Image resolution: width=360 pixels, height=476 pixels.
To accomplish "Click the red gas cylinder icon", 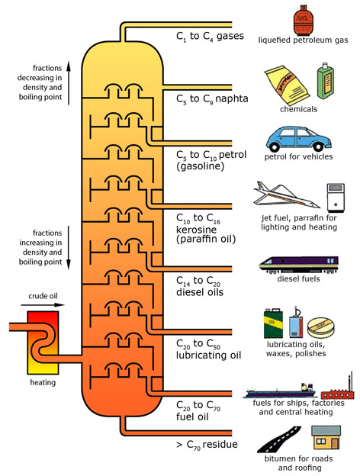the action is pos(302,20).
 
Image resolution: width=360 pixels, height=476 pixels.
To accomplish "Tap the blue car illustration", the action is pos(299,140).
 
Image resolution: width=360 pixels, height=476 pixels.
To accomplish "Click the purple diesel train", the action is pos(298,265).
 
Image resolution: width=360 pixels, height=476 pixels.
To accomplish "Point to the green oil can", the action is pos(274,323).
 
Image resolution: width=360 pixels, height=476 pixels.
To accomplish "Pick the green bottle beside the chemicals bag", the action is pos(326,81).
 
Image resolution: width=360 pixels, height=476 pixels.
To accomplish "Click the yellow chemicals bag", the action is pos(287,85).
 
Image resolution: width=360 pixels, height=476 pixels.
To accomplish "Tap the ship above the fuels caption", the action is pos(280,391).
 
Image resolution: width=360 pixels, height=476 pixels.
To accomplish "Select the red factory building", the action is pos(338,388).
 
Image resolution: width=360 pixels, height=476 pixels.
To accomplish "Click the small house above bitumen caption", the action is pos(326,437).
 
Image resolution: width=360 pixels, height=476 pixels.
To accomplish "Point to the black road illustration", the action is pos(279,439).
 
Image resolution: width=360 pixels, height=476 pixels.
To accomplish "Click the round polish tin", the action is pos(321,327).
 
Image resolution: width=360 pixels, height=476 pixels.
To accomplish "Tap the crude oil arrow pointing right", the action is pos(43,305).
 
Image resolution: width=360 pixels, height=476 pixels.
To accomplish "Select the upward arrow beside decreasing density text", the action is pos(69,83).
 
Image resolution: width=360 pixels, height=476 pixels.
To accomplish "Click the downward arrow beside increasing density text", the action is pos(69,248).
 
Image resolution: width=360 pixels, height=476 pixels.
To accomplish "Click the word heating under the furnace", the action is pos(43,382).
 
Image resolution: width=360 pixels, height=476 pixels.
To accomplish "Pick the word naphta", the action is pos(232,98).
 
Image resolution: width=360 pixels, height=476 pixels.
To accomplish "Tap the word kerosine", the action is pos(196,230).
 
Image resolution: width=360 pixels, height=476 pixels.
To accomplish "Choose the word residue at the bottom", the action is pos(220,444).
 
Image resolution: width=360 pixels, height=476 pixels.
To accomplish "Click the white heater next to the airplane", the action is pos(336,198).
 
